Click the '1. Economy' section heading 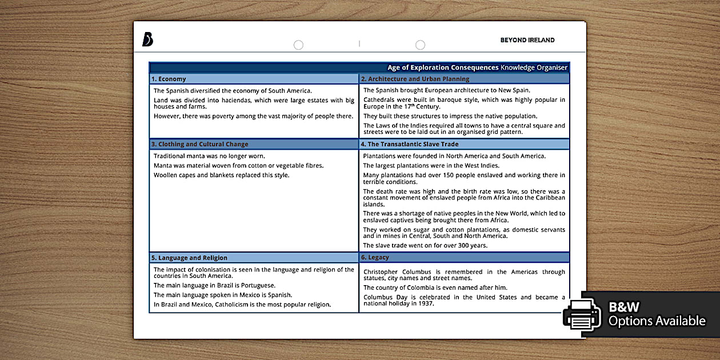pos(169,79)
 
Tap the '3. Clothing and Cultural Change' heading pos(199,144)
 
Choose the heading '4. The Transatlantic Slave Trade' pos(410,144)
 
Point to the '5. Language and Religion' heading pos(189,258)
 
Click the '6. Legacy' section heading pos(375,257)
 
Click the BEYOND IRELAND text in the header pos(527,40)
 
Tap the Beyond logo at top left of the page pos(147,39)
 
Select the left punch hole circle pos(298,45)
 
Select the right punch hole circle pos(420,45)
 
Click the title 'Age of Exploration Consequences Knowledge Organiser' pos(477,67)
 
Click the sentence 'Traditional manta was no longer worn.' pos(209,155)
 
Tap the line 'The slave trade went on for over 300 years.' pos(425,245)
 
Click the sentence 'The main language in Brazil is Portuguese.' pos(214,285)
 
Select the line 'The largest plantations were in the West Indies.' pos(431,166)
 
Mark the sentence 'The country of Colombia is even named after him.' pos(435,287)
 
